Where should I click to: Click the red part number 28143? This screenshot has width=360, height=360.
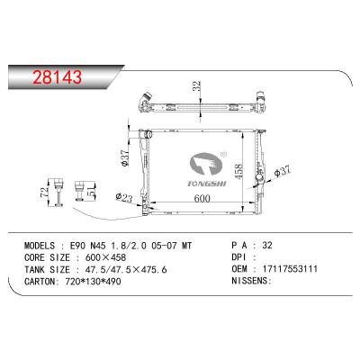pyautogui.click(x=57, y=77)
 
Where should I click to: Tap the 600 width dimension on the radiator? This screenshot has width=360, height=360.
pyautogui.click(x=202, y=198)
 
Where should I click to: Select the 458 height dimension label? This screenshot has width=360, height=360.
pyautogui.click(x=238, y=171)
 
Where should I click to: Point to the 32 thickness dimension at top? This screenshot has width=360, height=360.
pyautogui.click(x=196, y=86)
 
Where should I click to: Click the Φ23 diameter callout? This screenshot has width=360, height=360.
pyautogui.click(x=124, y=197)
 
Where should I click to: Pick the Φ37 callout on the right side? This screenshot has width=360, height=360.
pyautogui.click(x=283, y=173)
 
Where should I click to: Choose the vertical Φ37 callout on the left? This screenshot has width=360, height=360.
pyautogui.click(x=125, y=157)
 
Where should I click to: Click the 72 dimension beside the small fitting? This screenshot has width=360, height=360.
pyautogui.click(x=44, y=193)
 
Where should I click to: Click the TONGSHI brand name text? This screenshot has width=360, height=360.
pyautogui.click(x=207, y=184)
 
